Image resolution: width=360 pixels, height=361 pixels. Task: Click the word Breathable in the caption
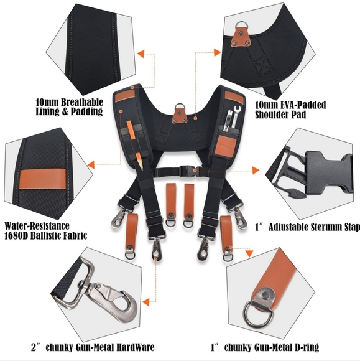click(82, 102)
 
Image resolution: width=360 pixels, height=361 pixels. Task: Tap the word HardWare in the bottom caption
click(135, 347)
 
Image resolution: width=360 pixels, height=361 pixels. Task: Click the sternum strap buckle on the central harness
click(188, 171)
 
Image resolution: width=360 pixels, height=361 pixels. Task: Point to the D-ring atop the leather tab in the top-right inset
click(241, 26)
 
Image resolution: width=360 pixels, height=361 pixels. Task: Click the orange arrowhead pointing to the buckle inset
click(256, 171)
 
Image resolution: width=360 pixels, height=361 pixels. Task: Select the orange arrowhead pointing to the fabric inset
click(91, 164)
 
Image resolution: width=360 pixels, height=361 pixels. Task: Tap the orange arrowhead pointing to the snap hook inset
click(146, 302)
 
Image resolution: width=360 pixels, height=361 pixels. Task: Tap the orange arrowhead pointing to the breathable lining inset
click(141, 54)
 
